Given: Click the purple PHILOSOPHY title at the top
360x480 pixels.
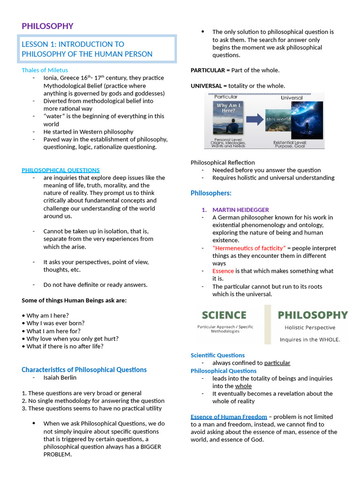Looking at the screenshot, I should (x=47, y=26).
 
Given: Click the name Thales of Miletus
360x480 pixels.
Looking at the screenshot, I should (x=45, y=70).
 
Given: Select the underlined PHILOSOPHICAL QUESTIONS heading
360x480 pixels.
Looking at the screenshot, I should (x=60, y=170).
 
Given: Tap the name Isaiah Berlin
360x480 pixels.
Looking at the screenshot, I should (x=60, y=377).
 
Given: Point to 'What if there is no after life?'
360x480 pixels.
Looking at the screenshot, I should (x=65, y=346).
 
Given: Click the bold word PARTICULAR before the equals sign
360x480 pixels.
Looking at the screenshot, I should (x=207, y=70).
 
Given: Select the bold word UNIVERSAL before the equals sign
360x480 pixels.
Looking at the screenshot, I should (x=206, y=86).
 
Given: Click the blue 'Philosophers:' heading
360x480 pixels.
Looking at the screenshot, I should (x=211, y=193).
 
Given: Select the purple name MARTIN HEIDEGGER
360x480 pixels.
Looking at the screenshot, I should (x=240, y=210).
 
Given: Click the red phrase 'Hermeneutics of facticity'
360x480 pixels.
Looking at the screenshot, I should (x=248, y=248).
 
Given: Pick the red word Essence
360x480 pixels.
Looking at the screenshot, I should (x=223, y=271).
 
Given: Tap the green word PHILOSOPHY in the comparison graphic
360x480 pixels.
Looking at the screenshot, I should (x=313, y=315).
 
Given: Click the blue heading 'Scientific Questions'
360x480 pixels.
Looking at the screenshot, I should (x=217, y=355).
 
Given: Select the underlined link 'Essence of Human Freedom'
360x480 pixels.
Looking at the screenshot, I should (x=229, y=417).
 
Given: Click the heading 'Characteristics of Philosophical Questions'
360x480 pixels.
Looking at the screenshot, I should (x=84, y=369).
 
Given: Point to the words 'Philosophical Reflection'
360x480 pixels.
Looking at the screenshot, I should (x=223, y=162).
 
